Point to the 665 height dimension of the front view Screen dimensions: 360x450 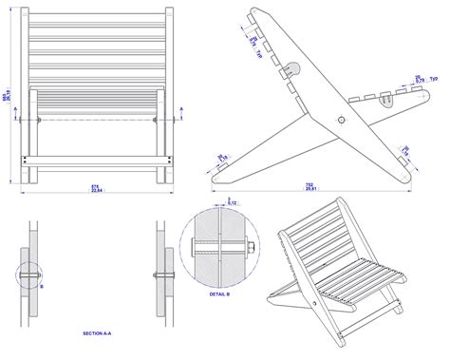coord(6,97)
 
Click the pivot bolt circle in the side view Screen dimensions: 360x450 coord(340,120)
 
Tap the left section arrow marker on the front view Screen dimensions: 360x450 coord(18,121)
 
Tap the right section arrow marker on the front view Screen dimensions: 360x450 coord(178,121)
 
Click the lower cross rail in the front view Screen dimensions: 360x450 coord(98,159)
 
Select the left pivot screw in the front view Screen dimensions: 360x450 coord(38,121)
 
